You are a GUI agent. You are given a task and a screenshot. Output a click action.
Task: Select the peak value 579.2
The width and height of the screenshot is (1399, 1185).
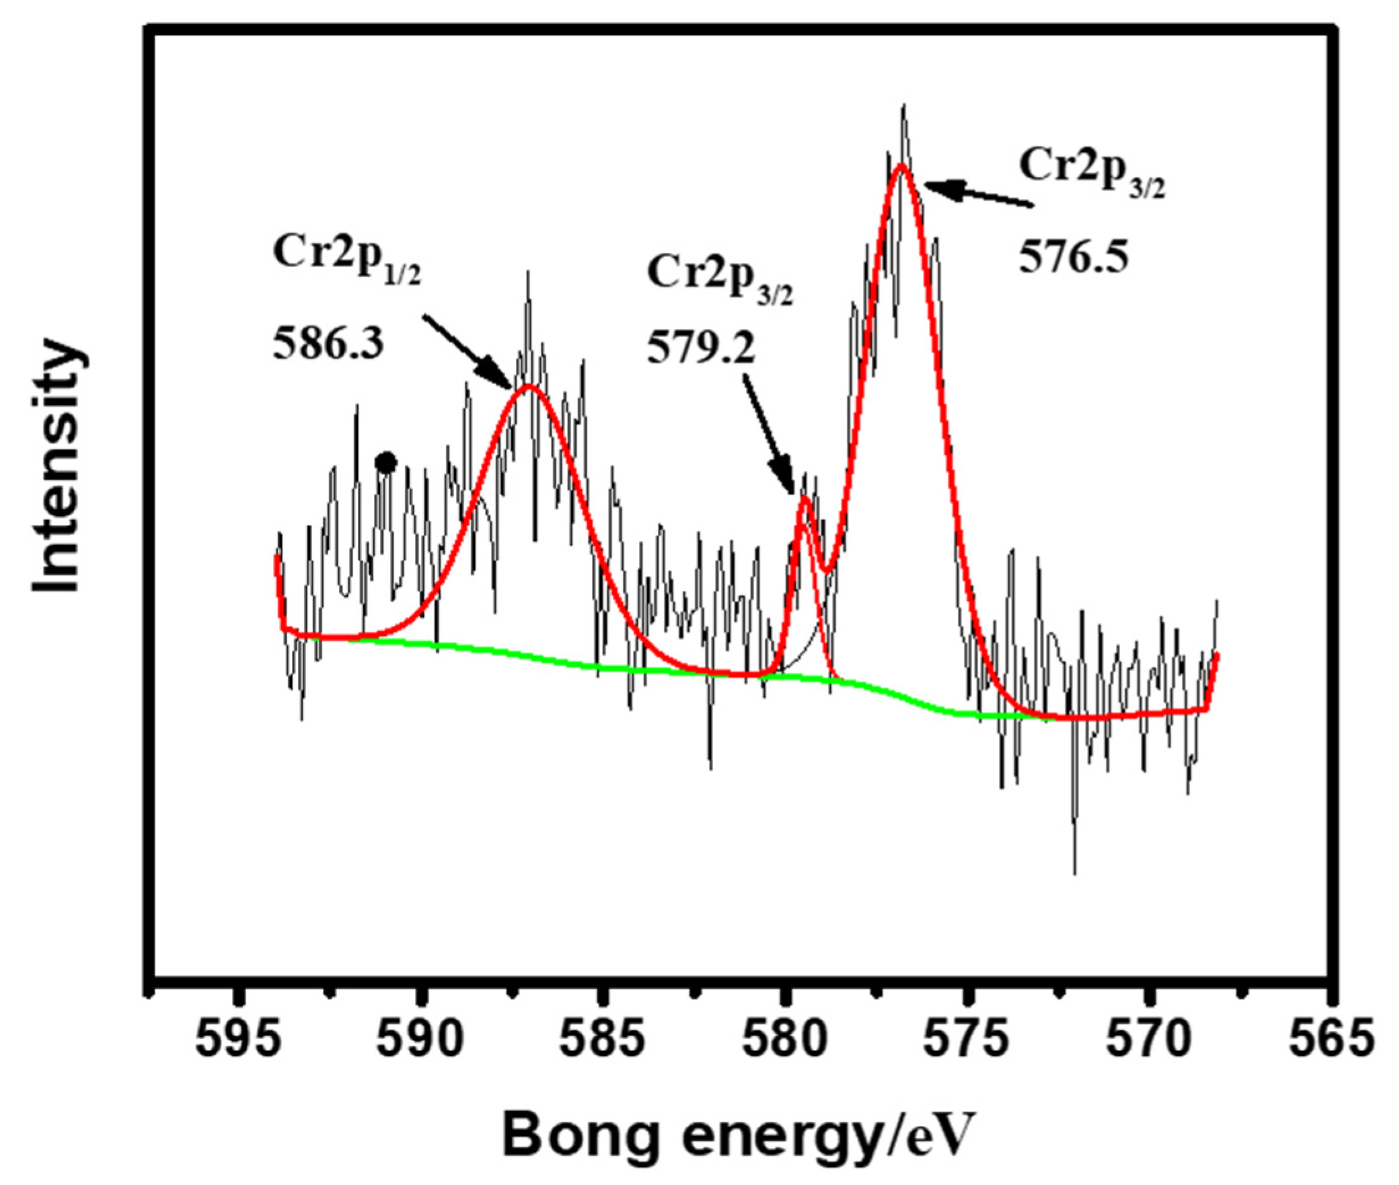point(701,349)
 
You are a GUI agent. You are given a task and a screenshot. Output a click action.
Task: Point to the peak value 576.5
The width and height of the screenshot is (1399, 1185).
point(1073,257)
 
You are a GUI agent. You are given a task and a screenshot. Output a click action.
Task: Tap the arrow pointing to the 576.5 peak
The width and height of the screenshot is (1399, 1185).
point(977,195)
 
